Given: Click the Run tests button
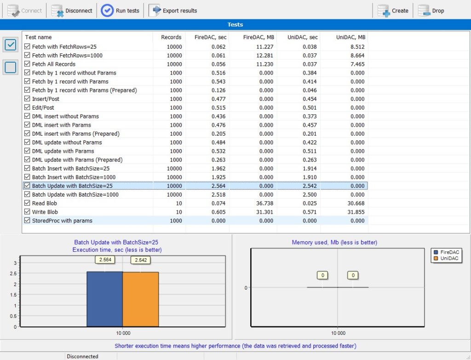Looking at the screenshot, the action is (x=120, y=11).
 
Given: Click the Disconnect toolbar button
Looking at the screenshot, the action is (x=72, y=11).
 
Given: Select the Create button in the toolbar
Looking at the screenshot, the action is (x=393, y=11).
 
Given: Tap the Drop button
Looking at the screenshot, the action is (x=431, y=11).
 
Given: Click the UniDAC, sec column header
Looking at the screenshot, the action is (x=303, y=37).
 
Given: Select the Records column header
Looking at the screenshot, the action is (x=171, y=37).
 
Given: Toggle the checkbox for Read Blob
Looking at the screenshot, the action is (x=27, y=203).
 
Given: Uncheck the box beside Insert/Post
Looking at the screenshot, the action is (x=27, y=99).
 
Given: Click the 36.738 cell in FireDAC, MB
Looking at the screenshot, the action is (x=264, y=203).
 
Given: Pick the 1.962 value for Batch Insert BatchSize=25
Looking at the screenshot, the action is (x=218, y=168).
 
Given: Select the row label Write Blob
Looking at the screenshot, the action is (x=45, y=212).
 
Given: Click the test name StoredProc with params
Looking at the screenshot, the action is (x=62, y=221).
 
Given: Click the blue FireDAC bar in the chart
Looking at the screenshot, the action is (x=104, y=299).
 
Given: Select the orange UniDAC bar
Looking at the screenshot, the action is (x=141, y=299).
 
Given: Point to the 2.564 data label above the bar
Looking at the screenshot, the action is (x=105, y=260).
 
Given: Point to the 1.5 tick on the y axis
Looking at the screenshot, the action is (x=13, y=295).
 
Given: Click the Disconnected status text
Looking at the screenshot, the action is (x=82, y=356).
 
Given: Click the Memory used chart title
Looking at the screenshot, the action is (x=334, y=243).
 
